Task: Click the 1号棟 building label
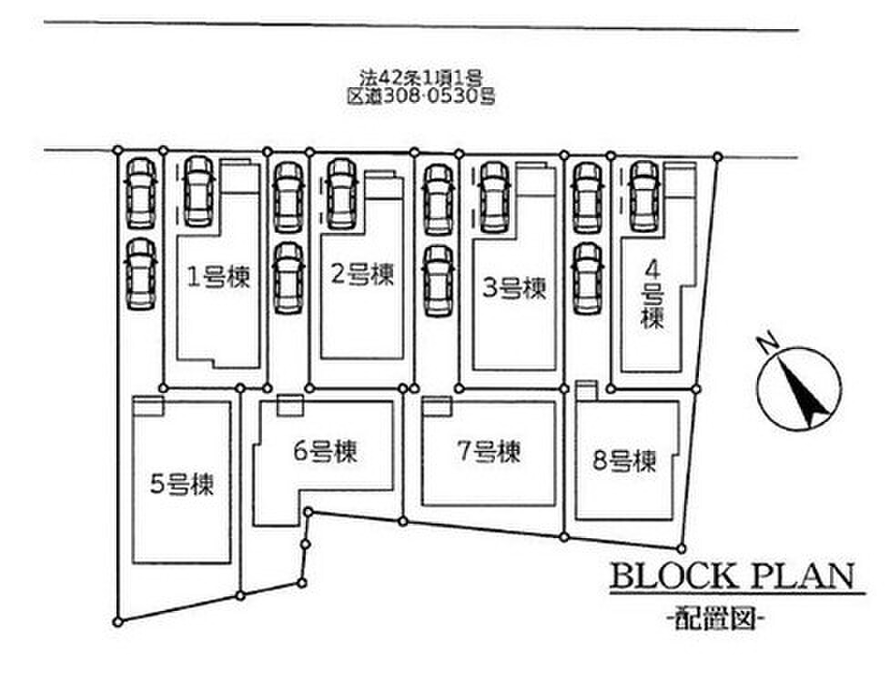pos(218,276)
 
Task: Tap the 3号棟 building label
pos(514,289)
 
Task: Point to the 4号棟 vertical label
pos(652,294)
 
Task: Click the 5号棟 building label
pos(182,484)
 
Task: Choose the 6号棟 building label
pos(324,451)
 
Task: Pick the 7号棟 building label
pos(488,451)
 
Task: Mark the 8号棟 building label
pos(624,462)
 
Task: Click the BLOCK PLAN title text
pos(732,576)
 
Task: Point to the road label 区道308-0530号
pos(421,95)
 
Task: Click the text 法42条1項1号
pos(420,79)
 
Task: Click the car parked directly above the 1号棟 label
pos(197,191)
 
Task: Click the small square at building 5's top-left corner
pos(147,405)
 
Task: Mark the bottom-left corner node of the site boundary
pos(117,622)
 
